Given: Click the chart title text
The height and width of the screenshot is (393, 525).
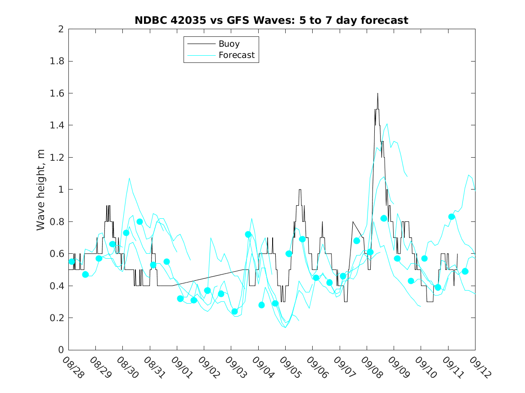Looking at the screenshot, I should [271, 20].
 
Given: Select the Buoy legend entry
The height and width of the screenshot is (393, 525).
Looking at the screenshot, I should [229, 44].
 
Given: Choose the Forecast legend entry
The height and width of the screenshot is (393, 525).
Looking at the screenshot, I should [236, 55].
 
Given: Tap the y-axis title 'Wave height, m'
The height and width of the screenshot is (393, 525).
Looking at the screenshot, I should [41, 190].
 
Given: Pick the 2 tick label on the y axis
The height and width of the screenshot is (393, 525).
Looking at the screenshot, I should [61, 29].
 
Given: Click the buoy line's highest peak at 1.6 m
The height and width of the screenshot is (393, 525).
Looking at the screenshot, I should [377, 93].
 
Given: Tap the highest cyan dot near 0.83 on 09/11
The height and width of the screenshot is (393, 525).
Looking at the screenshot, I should [452, 217].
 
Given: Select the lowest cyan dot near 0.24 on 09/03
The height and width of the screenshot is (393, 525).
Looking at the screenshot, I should [234, 311].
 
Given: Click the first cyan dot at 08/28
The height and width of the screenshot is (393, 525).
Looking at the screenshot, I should [72, 261].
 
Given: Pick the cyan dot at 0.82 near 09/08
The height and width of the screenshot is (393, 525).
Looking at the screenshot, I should [384, 218].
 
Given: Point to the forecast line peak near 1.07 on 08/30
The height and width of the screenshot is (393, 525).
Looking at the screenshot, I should [129, 178].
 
